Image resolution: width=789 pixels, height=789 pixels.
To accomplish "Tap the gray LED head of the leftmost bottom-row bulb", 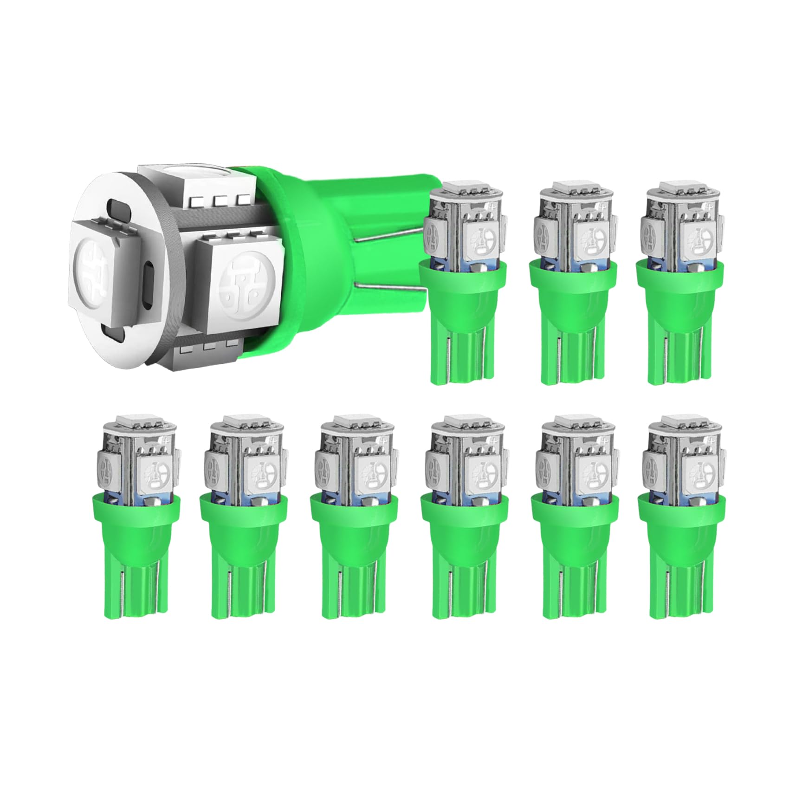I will point(138,453).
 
